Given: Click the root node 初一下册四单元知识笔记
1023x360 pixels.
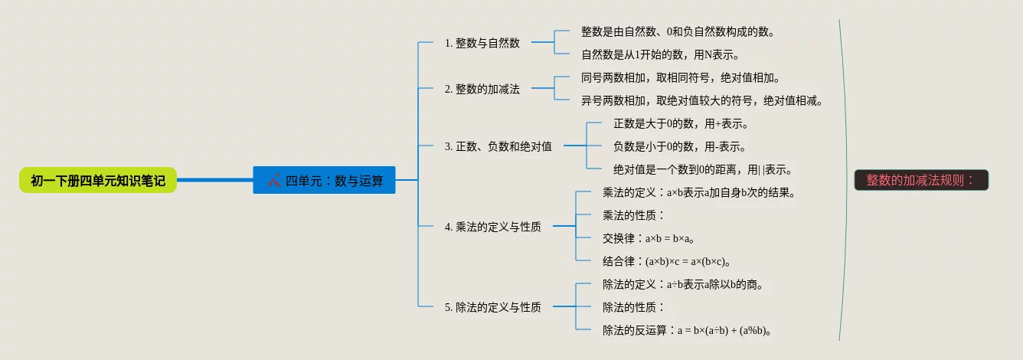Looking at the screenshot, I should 98,181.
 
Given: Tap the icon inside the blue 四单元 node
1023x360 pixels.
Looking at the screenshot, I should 275,181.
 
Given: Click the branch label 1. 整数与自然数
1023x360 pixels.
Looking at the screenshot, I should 482,43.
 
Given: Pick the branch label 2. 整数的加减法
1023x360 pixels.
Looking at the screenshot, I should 482,89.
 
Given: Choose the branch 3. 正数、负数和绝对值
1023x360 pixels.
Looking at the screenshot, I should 498,146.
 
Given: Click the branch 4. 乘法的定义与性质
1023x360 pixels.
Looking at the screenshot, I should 492,227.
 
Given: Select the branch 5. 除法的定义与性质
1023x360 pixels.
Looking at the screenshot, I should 492,307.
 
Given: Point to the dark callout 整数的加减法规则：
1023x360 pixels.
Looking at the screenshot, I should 921,181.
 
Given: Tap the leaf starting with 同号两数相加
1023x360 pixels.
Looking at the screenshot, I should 680,77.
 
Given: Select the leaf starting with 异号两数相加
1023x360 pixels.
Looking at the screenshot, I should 701,100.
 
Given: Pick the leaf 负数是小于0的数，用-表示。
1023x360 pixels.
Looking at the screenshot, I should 679,146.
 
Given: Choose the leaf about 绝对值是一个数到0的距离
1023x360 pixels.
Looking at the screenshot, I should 702,169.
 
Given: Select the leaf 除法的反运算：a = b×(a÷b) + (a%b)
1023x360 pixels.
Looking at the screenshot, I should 686,330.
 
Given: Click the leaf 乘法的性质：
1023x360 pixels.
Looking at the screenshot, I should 634,215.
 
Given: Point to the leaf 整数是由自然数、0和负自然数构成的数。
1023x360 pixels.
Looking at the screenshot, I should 678,31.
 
